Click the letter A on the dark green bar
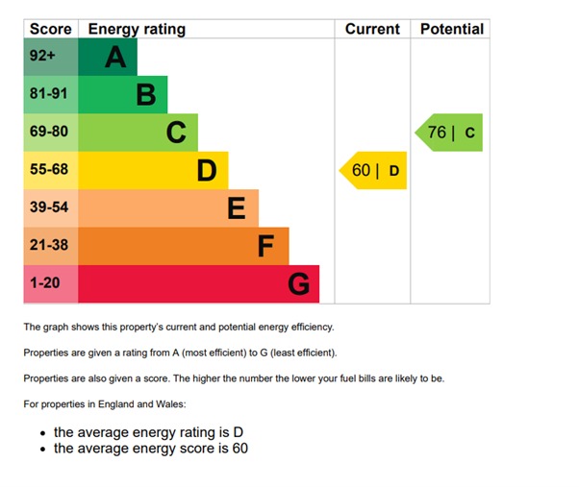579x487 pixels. pos(115,58)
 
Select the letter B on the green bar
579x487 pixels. pos(146,95)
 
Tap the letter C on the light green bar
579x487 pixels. pos(176,133)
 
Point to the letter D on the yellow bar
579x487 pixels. pos(207,171)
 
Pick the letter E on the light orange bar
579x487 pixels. pos(237,208)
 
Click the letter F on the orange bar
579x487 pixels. pos(266,247)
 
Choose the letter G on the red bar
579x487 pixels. pos(299,284)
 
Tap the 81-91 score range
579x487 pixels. pos(48,95)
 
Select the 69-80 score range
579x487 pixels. pos(48,133)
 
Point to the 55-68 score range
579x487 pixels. pos(48,171)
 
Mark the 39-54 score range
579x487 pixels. pos(48,208)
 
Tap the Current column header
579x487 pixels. pos(372,29)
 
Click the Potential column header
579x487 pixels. pos(450,29)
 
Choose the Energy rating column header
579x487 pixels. pos(137,29)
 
